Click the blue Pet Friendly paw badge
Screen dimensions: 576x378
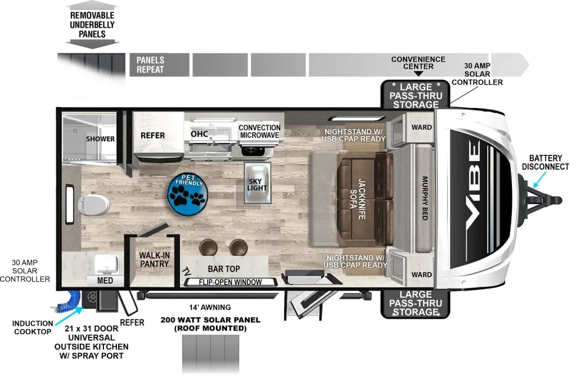pos(188,194)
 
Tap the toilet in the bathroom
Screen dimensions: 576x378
pos(93,204)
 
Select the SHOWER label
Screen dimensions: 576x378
pos(100,139)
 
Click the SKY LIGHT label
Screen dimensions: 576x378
pos(256,184)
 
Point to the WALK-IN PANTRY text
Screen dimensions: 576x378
pos(154,260)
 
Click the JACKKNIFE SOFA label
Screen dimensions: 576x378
pos(357,199)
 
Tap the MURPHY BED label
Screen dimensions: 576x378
pos(425,198)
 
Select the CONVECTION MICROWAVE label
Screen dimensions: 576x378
pos(259,131)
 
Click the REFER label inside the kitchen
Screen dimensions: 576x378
pos(153,135)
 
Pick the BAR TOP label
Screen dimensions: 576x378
pos(224,269)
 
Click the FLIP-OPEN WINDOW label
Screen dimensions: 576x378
pos(230,282)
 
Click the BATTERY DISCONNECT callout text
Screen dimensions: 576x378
pos(546,162)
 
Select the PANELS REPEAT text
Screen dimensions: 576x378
pos(150,65)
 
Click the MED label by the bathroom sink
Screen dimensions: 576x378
pos(105,281)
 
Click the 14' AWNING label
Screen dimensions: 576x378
pos(210,307)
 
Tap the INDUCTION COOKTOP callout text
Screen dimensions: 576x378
pos(32,327)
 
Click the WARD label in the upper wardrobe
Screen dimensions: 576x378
pos(422,127)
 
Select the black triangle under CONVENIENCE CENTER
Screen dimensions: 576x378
pos(418,74)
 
